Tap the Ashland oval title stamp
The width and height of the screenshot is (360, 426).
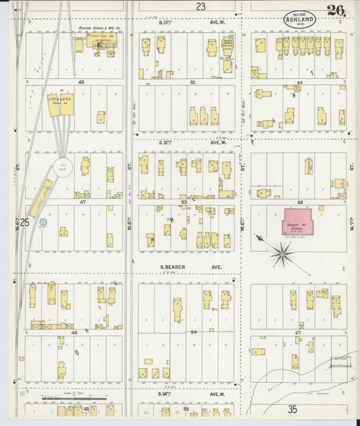pyautogui.click(x=299, y=19)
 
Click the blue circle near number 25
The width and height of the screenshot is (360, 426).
pyautogui.click(x=43, y=221)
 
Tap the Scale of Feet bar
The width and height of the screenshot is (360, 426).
pyautogui.click(x=64, y=398)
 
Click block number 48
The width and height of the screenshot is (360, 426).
pyautogui.click(x=80, y=82)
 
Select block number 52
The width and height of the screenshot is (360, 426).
pyautogui.click(x=192, y=82)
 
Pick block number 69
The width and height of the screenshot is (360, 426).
pyautogui.click(x=299, y=82)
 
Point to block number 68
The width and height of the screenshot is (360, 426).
pyautogui.click(x=299, y=201)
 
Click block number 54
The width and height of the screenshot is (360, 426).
pyautogui.click(x=192, y=332)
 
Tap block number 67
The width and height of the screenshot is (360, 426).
pyautogui.click(x=299, y=332)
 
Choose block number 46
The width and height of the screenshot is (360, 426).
pyautogui.click(x=73, y=332)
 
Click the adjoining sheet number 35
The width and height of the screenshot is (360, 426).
pyautogui.click(x=292, y=409)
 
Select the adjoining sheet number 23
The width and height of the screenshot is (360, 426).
pyautogui.click(x=201, y=6)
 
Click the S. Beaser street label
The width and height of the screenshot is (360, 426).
pyautogui.click(x=172, y=267)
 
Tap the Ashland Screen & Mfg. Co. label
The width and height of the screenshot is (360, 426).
pyautogui.click(x=99, y=29)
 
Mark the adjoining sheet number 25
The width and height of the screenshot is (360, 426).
pyautogui.click(x=24, y=222)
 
